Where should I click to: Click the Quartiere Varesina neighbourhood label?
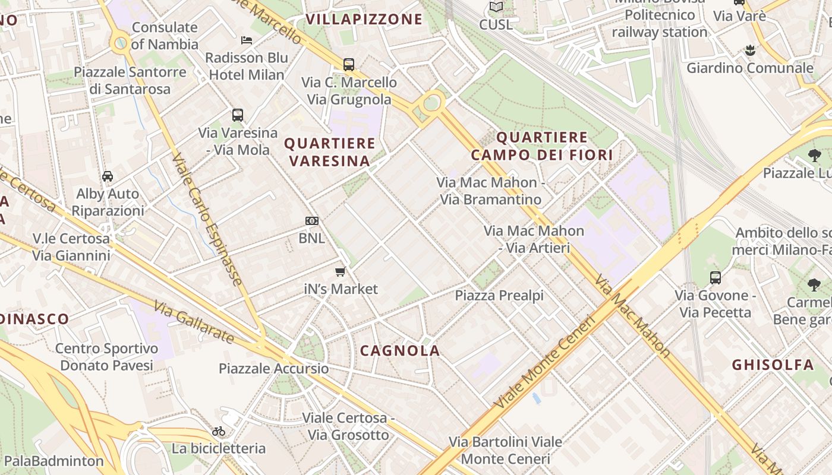pyautogui.click(x=330, y=152)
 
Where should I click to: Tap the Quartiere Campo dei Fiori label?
pyautogui.click(x=541, y=146)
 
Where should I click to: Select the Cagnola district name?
pyautogui.click(x=400, y=350)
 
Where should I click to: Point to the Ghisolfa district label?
pyautogui.click(x=773, y=365)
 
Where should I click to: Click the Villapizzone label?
pyautogui.click(x=364, y=19)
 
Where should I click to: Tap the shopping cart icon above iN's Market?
pyautogui.click(x=340, y=272)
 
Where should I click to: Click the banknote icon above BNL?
pyautogui.click(x=312, y=221)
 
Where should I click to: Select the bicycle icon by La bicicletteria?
pyautogui.click(x=219, y=431)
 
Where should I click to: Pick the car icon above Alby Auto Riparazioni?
pyautogui.click(x=108, y=176)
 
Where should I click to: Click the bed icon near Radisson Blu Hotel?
pyautogui.click(x=247, y=40)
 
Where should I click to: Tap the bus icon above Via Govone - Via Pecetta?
pyautogui.click(x=716, y=277)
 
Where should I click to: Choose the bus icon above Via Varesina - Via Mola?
pyautogui.click(x=238, y=115)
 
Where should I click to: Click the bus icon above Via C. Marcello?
pyautogui.click(x=349, y=64)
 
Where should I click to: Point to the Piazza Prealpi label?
pyautogui.click(x=499, y=295)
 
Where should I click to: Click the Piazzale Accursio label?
pyautogui.click(x=273, y=368)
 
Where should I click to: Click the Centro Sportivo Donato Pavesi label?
pyautogui.click(x=107, y=357)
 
